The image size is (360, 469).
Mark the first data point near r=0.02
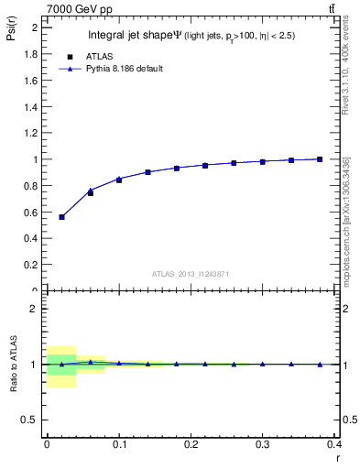[x=61, y=217]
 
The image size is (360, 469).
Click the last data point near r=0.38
[x=320, y=159]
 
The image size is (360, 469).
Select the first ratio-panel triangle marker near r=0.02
[x=61, y=364]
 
